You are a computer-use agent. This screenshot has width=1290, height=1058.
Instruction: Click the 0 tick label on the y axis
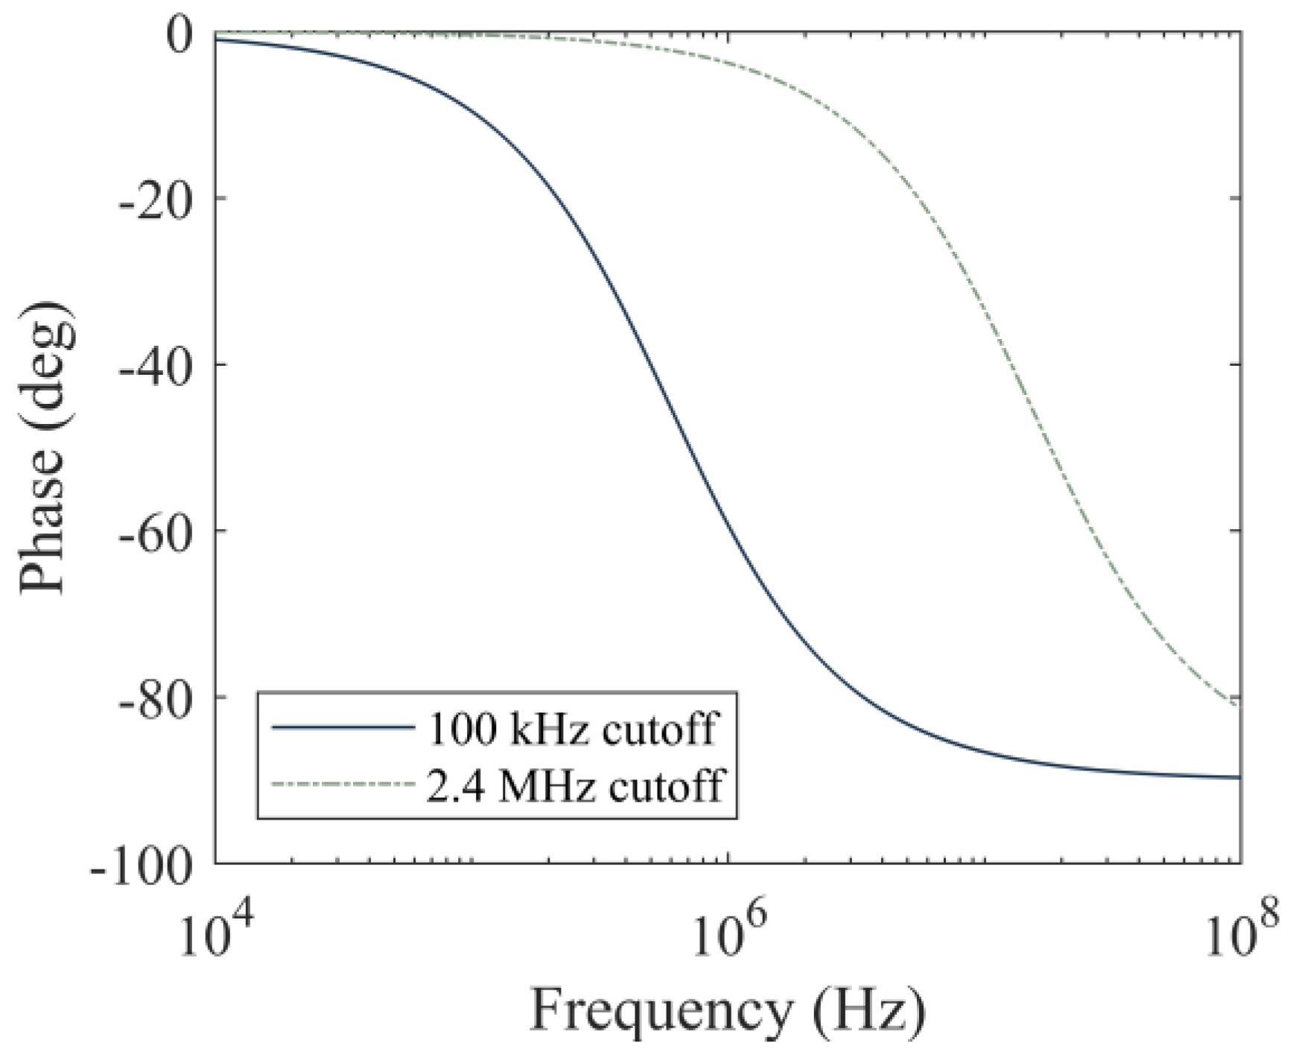click(182, 35)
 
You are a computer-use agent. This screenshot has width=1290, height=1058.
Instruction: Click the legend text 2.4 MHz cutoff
click(573, 785)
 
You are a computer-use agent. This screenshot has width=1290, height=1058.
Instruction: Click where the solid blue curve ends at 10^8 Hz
click(1239, 777)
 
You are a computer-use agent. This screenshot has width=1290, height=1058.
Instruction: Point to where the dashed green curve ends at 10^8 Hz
click(1238, 705)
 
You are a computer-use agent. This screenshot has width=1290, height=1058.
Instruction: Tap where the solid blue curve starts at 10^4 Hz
click(217, 40)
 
